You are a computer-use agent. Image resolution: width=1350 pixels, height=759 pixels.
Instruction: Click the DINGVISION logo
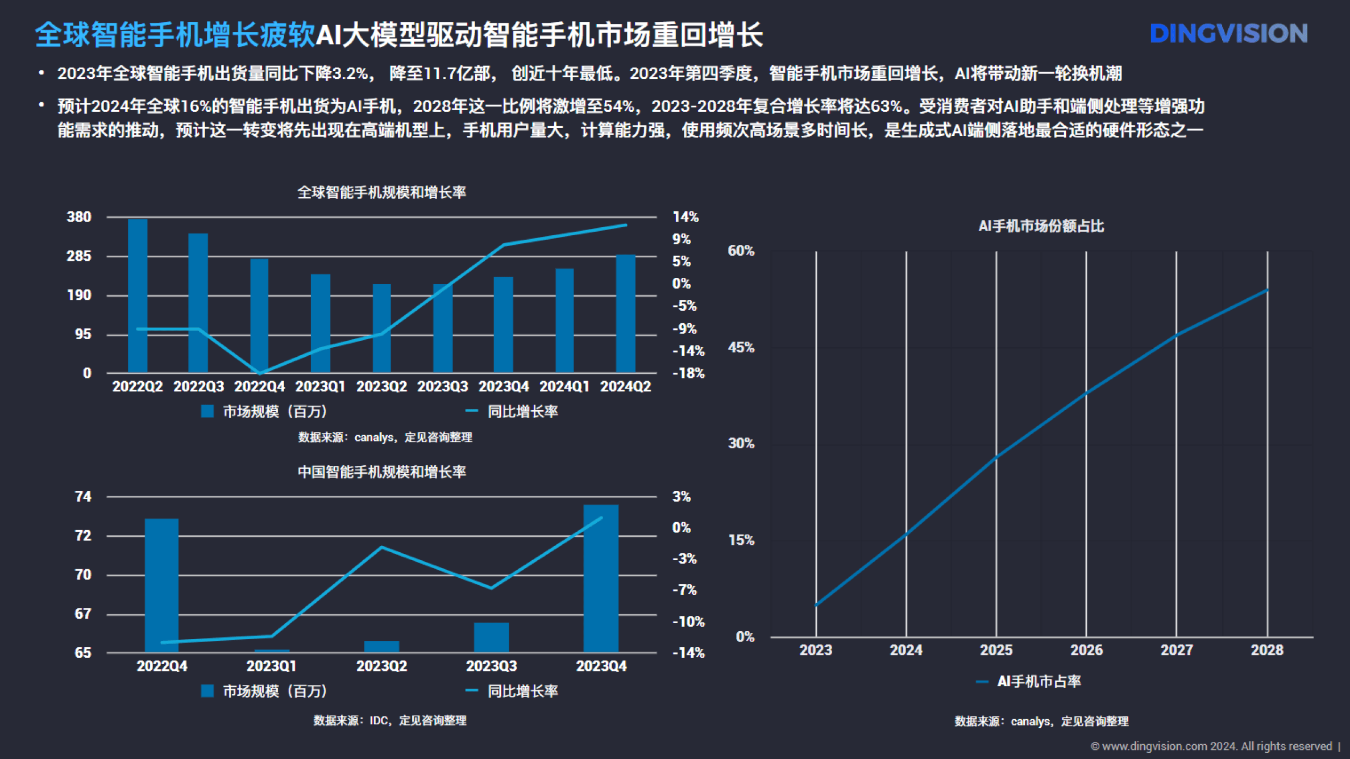(1228, 34)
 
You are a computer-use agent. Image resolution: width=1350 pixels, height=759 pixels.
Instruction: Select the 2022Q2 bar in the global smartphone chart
(138, 295)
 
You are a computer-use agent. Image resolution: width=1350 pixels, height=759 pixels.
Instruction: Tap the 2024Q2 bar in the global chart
(625, 314)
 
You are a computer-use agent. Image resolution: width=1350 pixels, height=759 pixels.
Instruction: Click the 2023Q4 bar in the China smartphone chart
(601, 578)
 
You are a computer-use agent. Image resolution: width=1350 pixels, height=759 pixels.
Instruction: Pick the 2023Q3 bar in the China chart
(491, 637)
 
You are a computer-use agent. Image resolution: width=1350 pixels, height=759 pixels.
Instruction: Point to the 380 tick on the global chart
(79, 217)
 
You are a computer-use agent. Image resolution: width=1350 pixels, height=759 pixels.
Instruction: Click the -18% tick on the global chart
(688, 373)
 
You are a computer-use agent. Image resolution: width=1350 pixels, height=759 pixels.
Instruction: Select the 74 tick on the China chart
(83, 497)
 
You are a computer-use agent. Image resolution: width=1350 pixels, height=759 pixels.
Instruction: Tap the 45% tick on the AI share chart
(741, 347)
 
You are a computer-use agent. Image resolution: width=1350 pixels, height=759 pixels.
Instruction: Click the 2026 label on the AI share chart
(1086, 650)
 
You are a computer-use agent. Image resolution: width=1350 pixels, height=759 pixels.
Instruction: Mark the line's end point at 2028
(1267, 290)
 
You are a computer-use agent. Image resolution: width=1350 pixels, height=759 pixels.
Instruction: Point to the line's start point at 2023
(816, 605)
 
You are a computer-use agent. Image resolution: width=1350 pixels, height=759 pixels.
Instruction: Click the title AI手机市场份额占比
(1041, 226)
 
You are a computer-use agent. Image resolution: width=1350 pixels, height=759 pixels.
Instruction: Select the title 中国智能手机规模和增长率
(381, 472)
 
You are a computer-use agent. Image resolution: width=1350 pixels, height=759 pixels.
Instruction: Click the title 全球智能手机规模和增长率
(381, 192)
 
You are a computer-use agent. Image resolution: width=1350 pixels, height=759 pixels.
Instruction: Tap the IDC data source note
(390, 720)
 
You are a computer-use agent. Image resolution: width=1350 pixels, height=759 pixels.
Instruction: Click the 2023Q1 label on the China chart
(271, 666)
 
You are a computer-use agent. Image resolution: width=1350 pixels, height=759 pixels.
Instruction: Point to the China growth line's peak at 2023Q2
(381, 547)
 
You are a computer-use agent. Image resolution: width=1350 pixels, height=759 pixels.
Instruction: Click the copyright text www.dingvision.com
(1211, 746)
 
